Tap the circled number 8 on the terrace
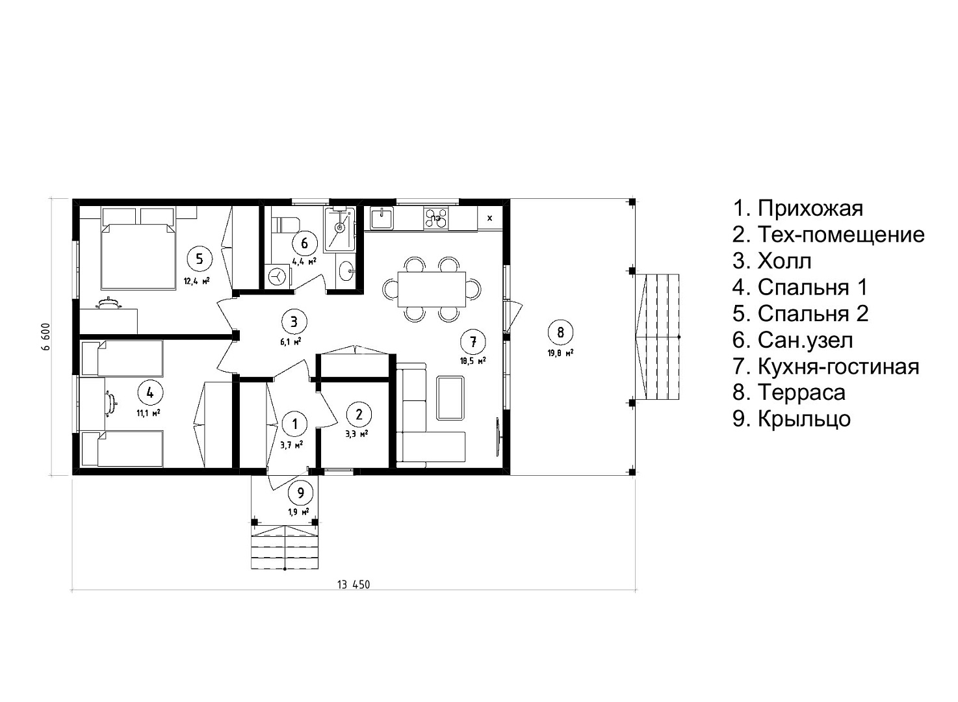pos(560,332)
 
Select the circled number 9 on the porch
pos(301,493)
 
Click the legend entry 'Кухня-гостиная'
pos(826,367)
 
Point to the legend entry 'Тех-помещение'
pos(829,235)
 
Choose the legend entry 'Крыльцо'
pos(792,419)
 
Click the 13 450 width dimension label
pos(354,584)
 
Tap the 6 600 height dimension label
pos(45,337)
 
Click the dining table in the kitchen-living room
pos(432,289)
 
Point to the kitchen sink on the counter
pos(382,218)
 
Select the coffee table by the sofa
pos(450,398)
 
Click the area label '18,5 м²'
pos(473,361)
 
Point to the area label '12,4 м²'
pos(197,281)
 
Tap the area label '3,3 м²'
pos(357,434)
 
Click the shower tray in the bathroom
pos(339,229)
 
